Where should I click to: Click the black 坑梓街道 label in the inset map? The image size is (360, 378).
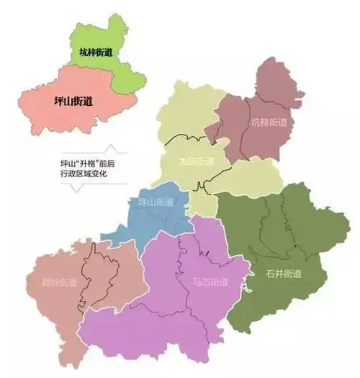96,53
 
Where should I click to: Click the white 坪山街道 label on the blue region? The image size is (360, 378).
156,202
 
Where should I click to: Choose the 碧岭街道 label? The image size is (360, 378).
60,282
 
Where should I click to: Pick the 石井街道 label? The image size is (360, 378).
283,274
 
